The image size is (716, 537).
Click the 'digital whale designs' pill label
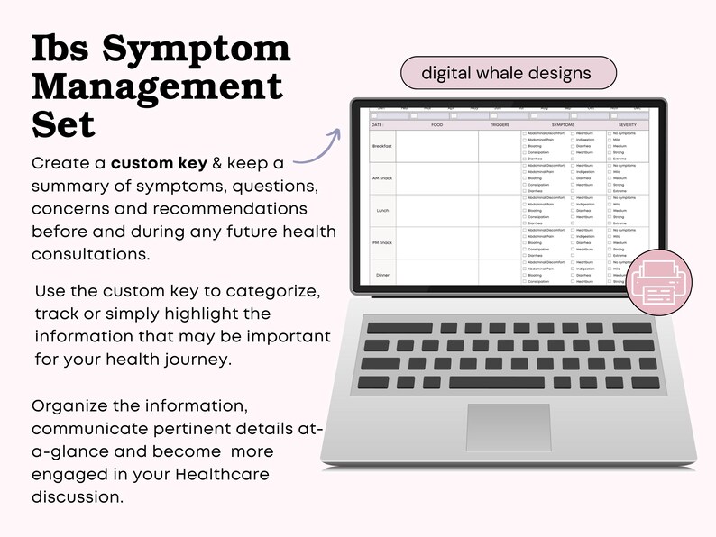pyautogui.click(x=509, y=73)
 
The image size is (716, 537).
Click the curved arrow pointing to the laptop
pyautogui.click(x=319, y=149)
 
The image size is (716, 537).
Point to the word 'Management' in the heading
pyautogui.click(x=157, y=86)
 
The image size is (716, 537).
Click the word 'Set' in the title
pyautogui.click(x=64, y=123)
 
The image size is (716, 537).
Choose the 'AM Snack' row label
pyautogui.click(x=382, y=178)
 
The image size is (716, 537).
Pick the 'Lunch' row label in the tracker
pyautogui.click(x=382, y=210)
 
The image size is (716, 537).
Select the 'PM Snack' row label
pyautogui.click(x=382, y=242)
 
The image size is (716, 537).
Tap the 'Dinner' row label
pyautogui.click(x=382, y=274)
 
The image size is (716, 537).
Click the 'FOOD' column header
pyautogui.click(x=436, y=124)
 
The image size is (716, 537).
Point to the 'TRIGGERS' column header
pyautogui.click(x=500, y=124)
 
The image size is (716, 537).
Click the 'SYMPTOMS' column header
pyautogui.click(x=563, y=124)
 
